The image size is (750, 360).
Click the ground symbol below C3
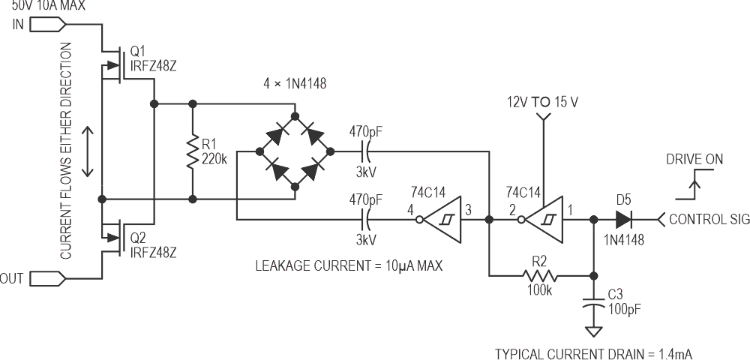[x=593, y=331]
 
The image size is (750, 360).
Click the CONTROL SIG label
[x=708, y=220]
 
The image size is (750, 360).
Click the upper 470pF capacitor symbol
[x=366, y=152]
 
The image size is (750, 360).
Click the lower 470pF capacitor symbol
[x=366, y=220]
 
